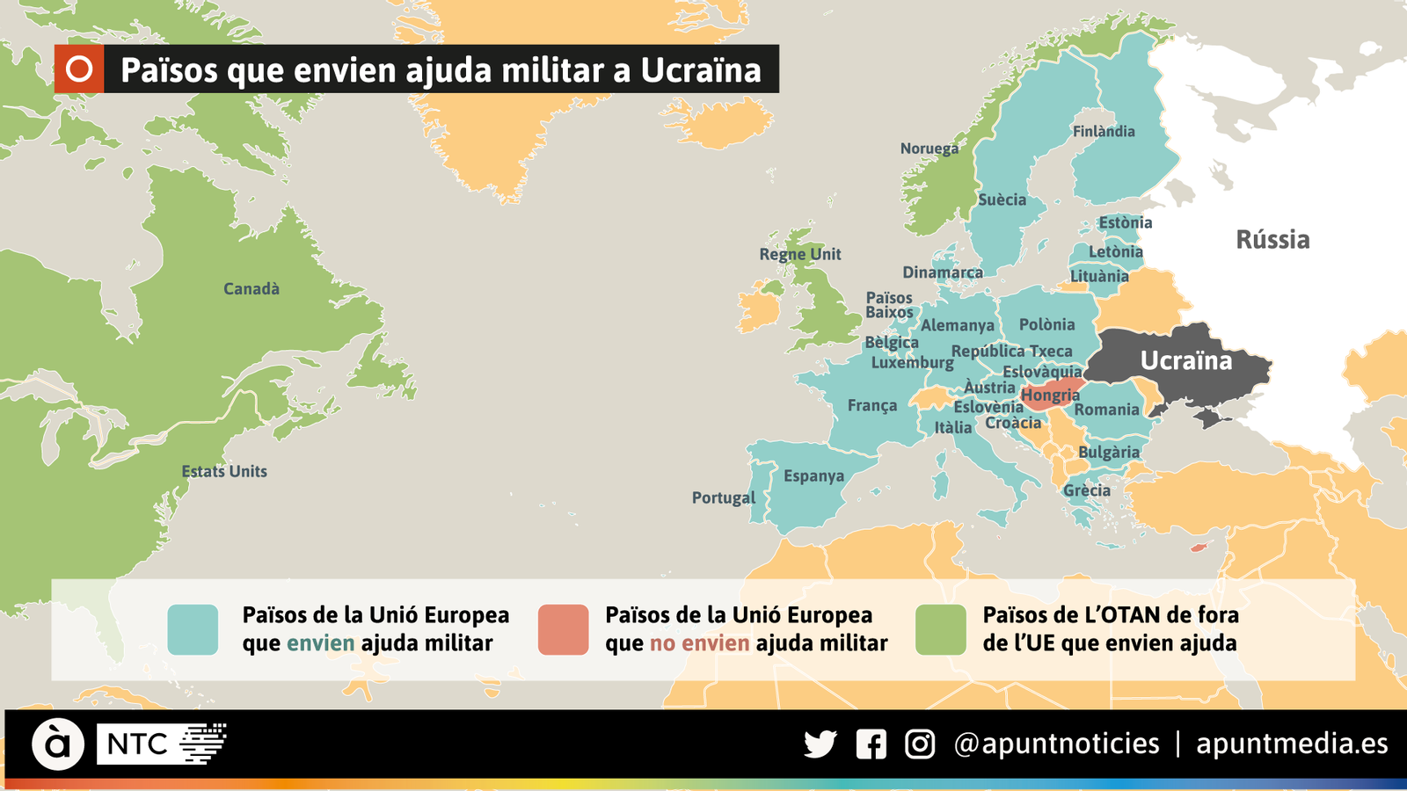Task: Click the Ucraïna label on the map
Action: pyautogui.click(x=1185, y=360)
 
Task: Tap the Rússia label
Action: pyautogui.click(x=1272, y=239)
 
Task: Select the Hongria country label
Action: pyautogui.click(x=1050, y=395)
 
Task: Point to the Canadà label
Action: pyautogui.click(x=252, y=288)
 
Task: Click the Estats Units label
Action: pyautogui.click(x=224, y=471)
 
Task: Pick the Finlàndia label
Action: pyautogui.click(x=1104, y=131)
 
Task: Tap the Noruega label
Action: pyautogui.click(x=929, y=149)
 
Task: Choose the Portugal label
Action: pyautogui.click(x=724, y=497)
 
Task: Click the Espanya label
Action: pyautogui.click(x=813, y=475)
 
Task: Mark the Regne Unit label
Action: pyautogui.click(x=800, y=254)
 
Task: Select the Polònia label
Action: pyautogui.click(x=1046, y=324)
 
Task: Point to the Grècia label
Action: pyautogui.click(x=1087, y=490)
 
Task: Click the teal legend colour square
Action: pyautogui.click(x=193, y=629)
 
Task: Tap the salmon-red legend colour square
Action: pyautogui.click(x=563, y=629)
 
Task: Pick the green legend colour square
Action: pyautogui.click(x=940, y=629)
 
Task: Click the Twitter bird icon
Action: pyautogui.click(x=820, y=744)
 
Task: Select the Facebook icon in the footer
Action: pyautogui.click(x=871, y=744)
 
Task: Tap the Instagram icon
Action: pyautogui.click(x=920, y=744)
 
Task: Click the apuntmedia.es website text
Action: pyautogui.click(x=1292, y=744)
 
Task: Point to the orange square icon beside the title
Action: pyautogui.click(x=79, y=69)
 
